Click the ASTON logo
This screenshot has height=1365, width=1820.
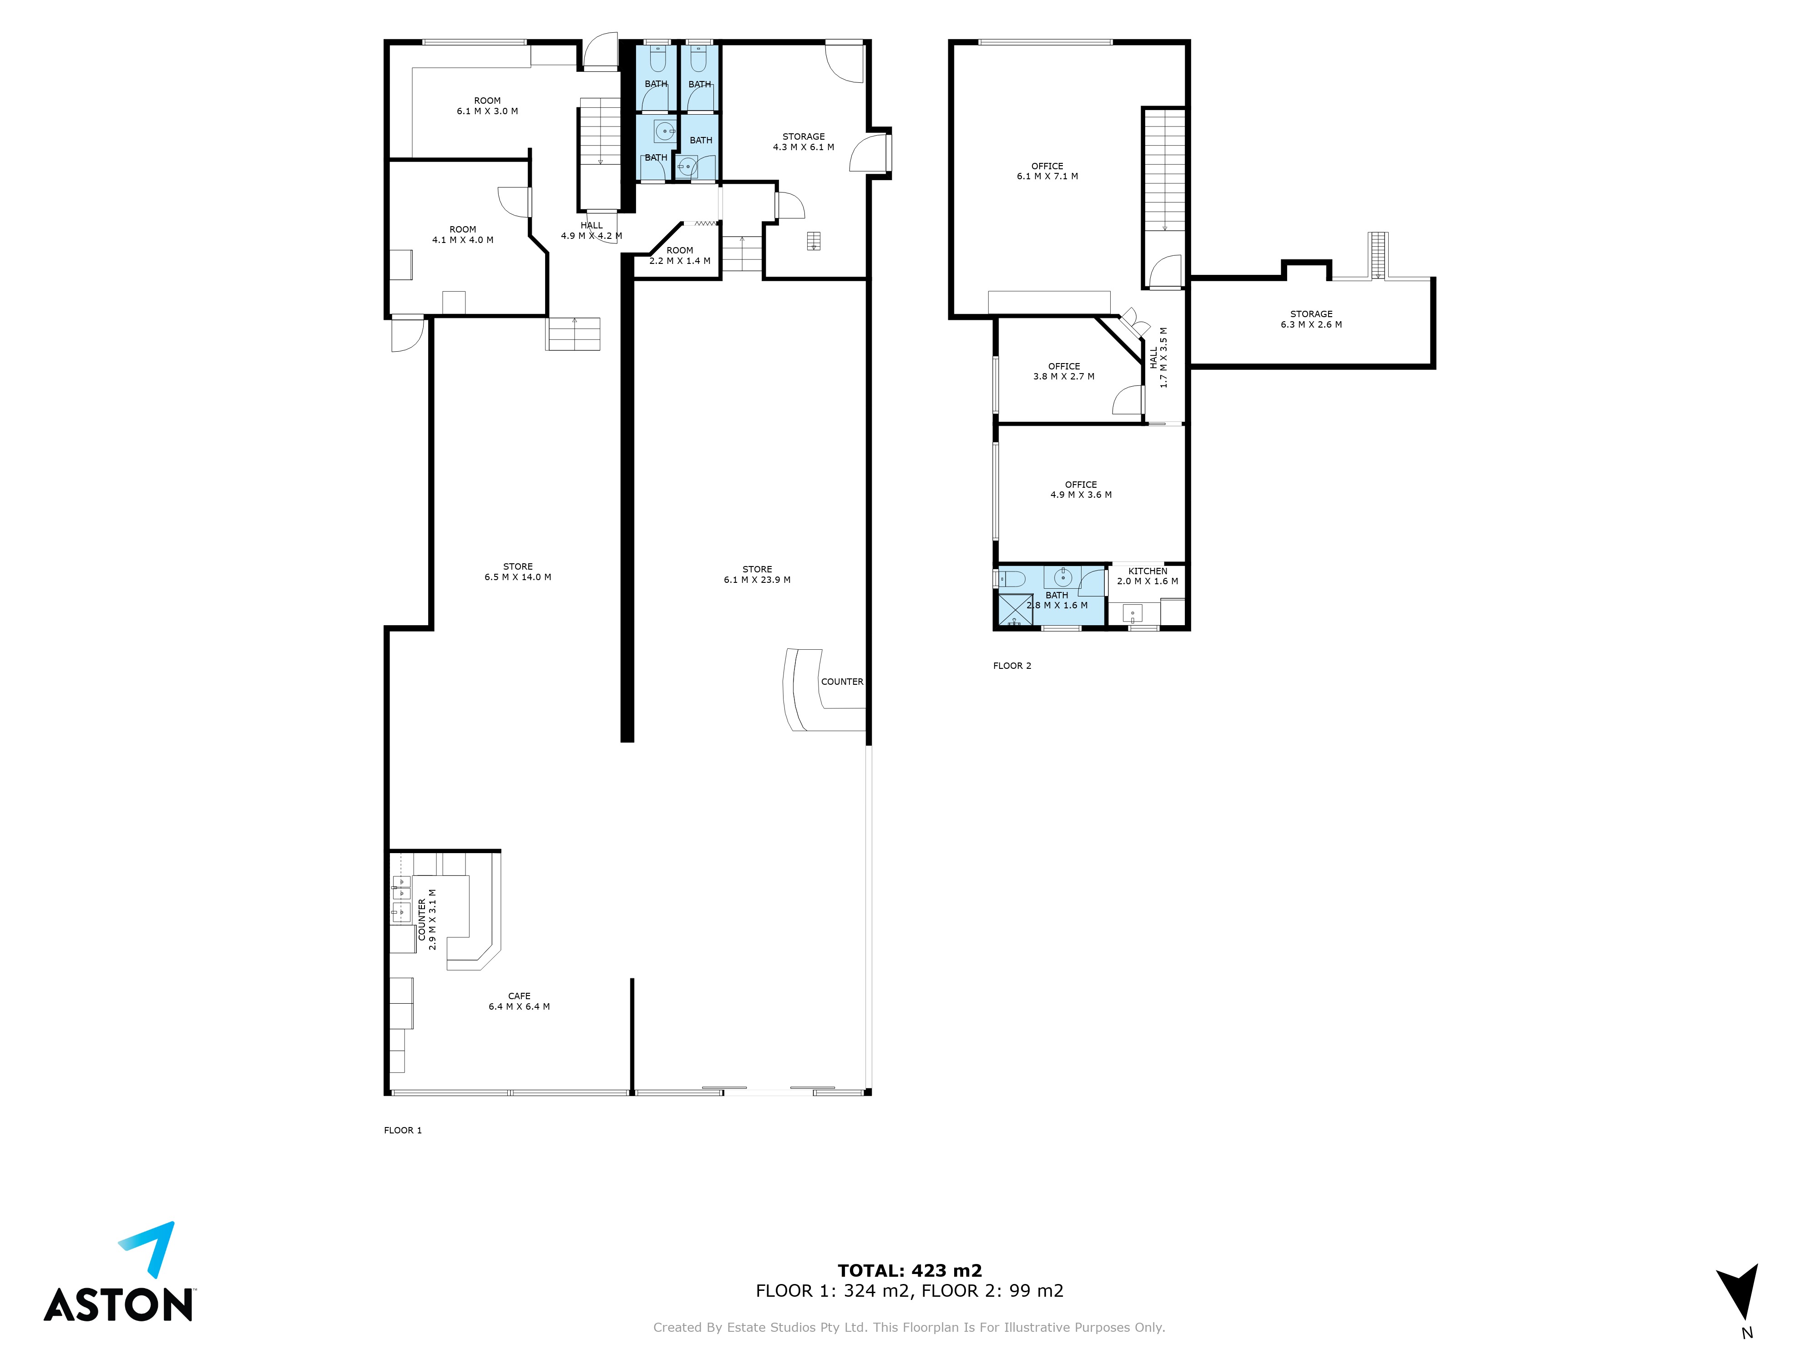(119, 1272)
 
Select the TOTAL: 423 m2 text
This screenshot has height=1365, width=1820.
(909, 1270)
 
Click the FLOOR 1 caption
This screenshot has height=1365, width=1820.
(402, 1131)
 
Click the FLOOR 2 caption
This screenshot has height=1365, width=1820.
(1011, 666)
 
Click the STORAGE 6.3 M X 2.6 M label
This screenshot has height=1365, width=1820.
(1311, 319)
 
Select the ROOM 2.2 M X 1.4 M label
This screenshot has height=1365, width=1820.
(680, 256)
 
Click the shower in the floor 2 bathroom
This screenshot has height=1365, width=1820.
(1015, 610)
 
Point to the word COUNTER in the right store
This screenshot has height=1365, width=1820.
(842, 682)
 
